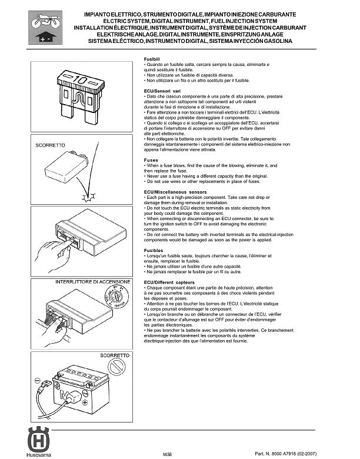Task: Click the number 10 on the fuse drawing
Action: point(81,78)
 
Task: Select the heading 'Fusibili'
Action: point(153,59)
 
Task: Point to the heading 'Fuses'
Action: point(151,160)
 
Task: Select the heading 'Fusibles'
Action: point(154,251)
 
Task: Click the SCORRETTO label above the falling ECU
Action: point(51,145)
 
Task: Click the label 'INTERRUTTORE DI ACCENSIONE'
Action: point(92,282)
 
